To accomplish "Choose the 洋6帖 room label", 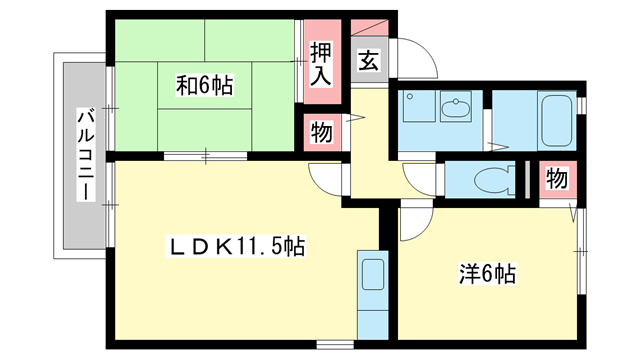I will coord(488,271).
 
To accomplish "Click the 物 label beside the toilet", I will coord(556,179).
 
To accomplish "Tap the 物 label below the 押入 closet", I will coord(320,132).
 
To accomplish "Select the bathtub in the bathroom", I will coord(556,120).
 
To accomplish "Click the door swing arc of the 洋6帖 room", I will coord(412,222).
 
